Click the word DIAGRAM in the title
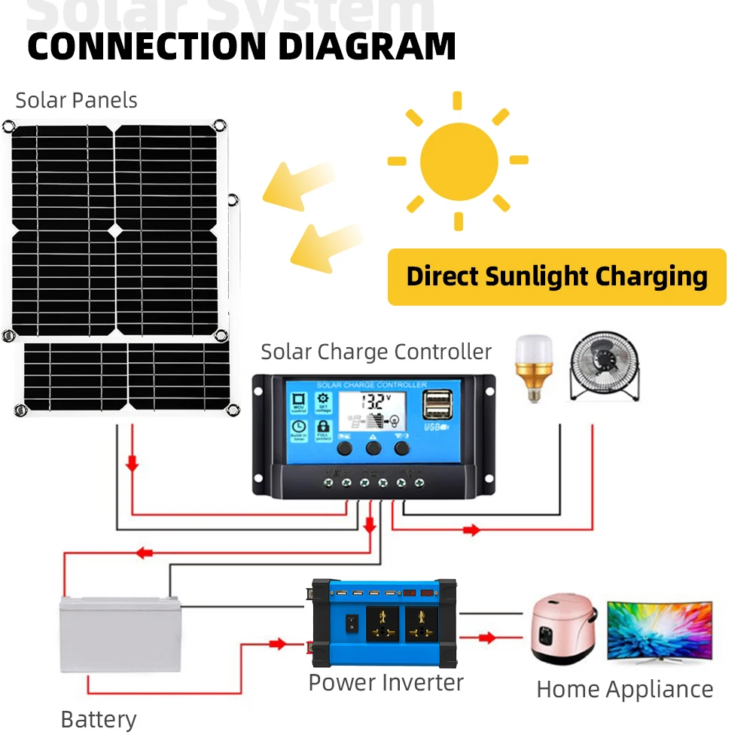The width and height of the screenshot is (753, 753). (367, 46)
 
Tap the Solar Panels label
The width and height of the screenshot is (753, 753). (76, 100)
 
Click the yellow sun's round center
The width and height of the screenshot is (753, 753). (459, 161)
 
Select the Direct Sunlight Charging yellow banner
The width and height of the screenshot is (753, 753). (556, 277)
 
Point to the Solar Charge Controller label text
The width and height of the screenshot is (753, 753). (376, 352)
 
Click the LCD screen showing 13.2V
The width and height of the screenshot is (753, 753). (373, 411)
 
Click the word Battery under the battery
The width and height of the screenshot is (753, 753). (99, 719)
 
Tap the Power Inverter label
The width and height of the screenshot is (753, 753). (386, 683)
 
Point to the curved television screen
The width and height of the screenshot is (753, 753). (660, 630)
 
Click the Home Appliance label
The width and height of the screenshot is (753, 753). (624, 689)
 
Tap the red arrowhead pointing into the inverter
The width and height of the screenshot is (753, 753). (278, 644)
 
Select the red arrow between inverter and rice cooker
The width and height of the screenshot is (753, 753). (488, 638)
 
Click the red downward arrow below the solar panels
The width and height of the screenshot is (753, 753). (133, 464)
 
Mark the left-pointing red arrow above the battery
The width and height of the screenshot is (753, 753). (143, 553)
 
